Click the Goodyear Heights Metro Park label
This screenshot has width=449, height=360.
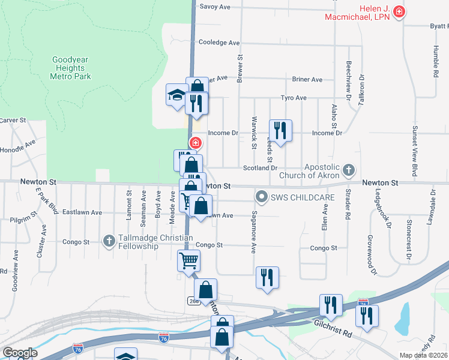[x=71, y=68]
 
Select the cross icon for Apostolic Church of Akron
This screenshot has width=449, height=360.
[x=349, y=171]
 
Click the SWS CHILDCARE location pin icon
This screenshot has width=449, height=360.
[x=261, y=196]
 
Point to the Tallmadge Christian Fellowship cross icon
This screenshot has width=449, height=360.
[x=109, y=241]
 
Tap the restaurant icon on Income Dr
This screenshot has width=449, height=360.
[x=280, y=130]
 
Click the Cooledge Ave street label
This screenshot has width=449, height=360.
[x=219, y=43]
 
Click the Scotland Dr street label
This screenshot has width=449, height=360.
[x=260, y=168]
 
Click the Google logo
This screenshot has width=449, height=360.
[x=20, y=353]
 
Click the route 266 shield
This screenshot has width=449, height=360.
[x=193, y=301]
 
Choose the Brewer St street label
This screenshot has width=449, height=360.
[x=240, y=69]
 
